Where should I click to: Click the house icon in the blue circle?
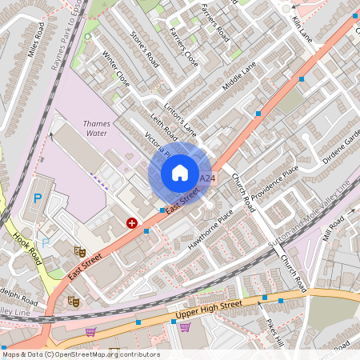179,173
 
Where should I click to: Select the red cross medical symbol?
132,223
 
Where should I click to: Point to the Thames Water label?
102,129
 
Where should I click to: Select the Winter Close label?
117,69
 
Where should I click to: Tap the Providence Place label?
274,183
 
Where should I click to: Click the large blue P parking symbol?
37,199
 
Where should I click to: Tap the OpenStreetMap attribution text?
81,354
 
